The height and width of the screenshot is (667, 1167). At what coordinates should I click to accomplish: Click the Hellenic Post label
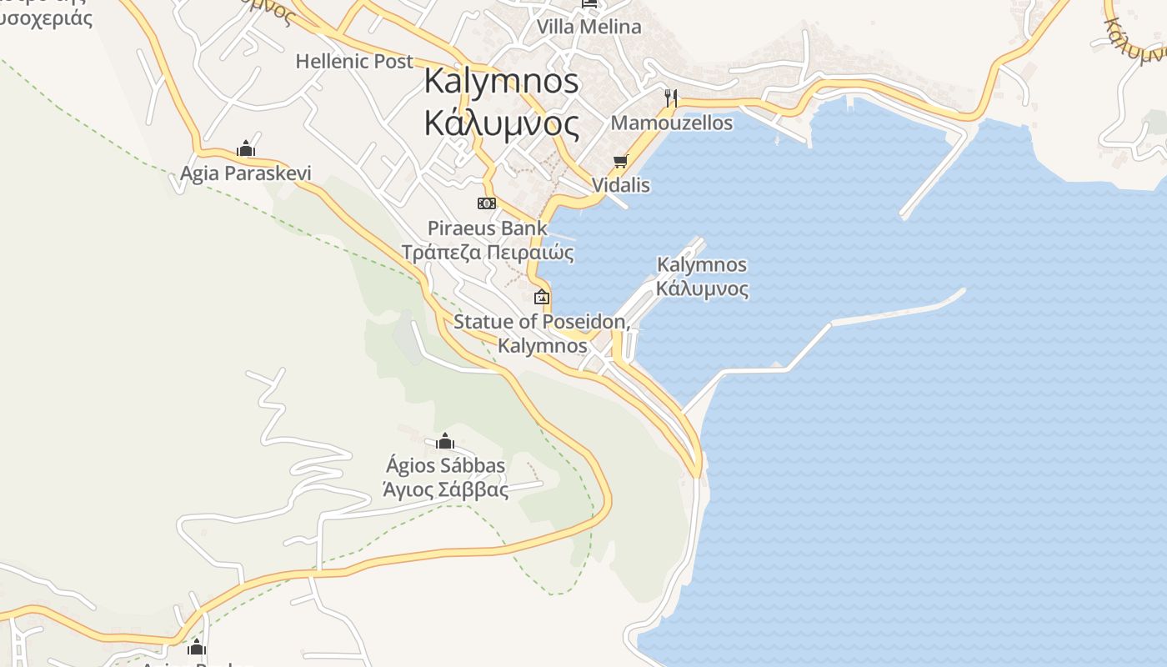click(354, 61)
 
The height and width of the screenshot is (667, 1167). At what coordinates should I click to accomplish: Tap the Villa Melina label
click(589, 27)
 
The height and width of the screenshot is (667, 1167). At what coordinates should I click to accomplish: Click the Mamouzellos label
click(672, 123)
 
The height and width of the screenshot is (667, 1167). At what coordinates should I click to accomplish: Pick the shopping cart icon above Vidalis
click(620, 161)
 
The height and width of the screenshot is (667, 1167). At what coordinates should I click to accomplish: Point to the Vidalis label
click(620, 185)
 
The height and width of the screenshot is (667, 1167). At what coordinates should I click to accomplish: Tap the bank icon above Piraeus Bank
click(487, 203)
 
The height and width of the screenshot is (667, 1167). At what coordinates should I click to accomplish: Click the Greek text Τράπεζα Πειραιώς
click(488, 252)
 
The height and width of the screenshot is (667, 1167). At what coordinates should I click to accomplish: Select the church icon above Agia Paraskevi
click(245, 149)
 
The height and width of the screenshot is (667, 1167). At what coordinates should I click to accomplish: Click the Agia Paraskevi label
click(246, 173)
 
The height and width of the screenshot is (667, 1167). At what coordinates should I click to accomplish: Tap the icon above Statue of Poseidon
click(542, 296)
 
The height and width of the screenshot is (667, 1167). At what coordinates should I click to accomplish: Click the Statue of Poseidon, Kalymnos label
click(542, 333)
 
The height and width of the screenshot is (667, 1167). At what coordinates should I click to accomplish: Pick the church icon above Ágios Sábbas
click(445, 441)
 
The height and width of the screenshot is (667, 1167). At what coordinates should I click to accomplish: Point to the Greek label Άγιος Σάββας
click(445, 489)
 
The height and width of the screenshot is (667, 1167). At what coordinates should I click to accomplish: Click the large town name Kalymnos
click(501, 82)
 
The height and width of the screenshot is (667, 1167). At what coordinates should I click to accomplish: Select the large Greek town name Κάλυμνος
click(501, 123)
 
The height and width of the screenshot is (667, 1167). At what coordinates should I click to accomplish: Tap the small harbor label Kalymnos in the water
click(702, 265)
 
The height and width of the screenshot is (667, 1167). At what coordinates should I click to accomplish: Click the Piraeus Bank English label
click(488, 228)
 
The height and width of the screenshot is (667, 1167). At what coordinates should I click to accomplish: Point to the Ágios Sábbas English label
click(445, 465)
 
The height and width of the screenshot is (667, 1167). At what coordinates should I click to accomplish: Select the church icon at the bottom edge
click(197, 647)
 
